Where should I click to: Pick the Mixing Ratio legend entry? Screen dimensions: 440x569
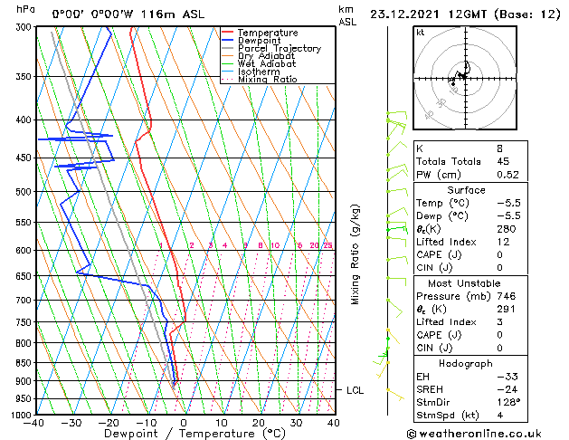[x=267, y=80]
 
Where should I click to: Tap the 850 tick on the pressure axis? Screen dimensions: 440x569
[x=18, y=362]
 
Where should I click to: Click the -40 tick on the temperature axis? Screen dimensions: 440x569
[x=34, y=422]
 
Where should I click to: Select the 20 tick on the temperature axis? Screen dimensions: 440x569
[x=258, y=422]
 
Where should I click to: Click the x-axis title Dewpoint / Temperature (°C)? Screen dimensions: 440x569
[x=184, y=434]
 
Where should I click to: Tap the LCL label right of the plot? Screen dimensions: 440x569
[x=356, y=390]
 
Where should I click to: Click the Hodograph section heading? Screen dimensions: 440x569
[x=466, y=362]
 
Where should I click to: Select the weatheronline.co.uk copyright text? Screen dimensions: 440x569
[x=484, y=434]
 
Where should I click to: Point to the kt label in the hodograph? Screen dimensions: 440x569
[x=421, y=32]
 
